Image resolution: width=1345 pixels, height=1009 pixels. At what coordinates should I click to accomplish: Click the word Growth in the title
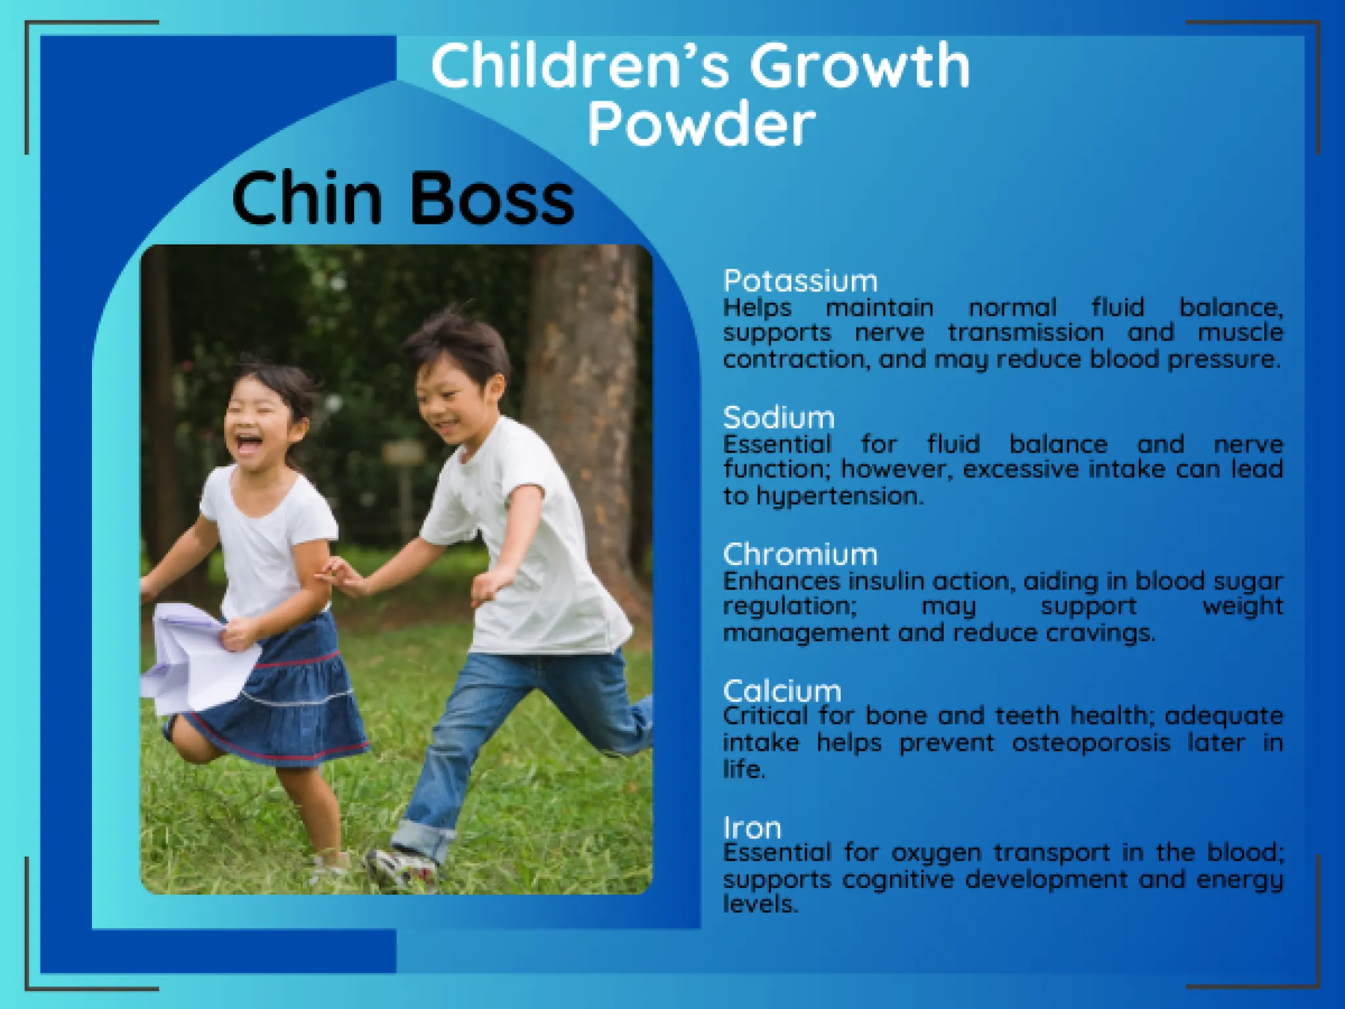[860, 66]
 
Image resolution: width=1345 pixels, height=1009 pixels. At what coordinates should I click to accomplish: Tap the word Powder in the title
[701, 124]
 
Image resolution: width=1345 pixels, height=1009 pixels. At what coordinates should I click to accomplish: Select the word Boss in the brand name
[492, 198]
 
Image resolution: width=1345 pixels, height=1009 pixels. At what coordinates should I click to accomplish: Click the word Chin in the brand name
[307, 198]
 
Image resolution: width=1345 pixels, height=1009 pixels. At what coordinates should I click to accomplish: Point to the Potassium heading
[800, 281]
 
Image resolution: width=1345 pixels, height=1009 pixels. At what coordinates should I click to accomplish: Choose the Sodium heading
[779, 418]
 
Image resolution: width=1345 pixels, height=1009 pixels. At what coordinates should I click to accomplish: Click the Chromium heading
[800, 554]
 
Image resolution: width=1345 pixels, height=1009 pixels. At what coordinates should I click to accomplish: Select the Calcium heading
[782, 691]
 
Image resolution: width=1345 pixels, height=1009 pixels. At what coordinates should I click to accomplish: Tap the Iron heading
[752, 828]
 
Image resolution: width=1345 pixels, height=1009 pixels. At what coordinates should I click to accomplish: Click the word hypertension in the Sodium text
[840, 497]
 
